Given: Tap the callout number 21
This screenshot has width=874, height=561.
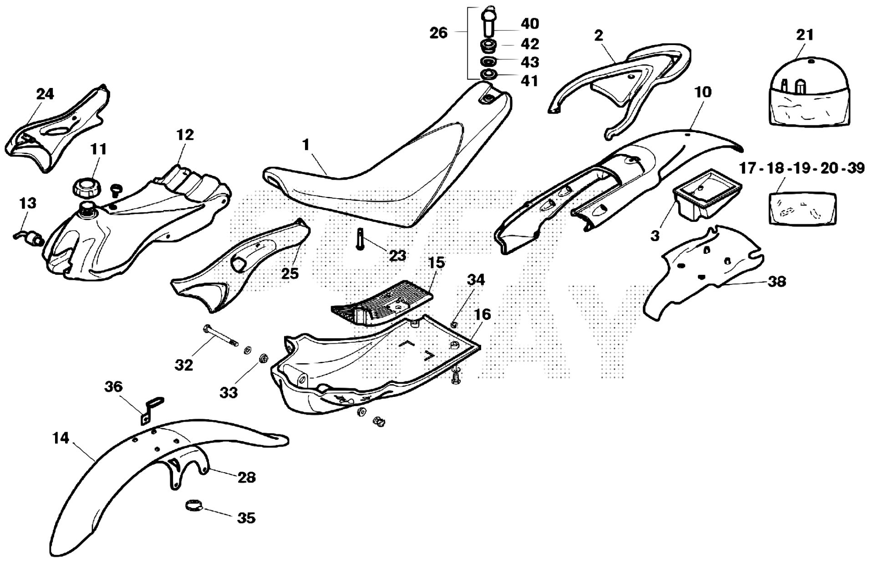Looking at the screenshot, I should pyautogui.click(x=804, y=35).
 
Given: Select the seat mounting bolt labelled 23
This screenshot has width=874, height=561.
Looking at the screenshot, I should pyautogui.click(x=359, y=239).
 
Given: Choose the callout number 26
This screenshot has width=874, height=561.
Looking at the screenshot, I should pyautogui.click(x=438, y=33).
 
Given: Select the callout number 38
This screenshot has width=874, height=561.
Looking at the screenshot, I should pyautogui.click(x=777, y=282).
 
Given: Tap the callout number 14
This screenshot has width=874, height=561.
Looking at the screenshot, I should pyautogui.click(x=61, y=438).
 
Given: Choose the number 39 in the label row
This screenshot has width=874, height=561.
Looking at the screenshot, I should pyautogui.click(x=856, y=168).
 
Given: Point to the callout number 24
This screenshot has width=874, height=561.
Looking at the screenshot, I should pyautogui.click(x=45, y=94).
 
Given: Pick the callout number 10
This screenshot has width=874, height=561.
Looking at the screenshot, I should pyautogui.click(x=703, y=92).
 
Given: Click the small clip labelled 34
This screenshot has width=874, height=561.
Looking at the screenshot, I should pyautogui.click(x=453, y=324).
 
